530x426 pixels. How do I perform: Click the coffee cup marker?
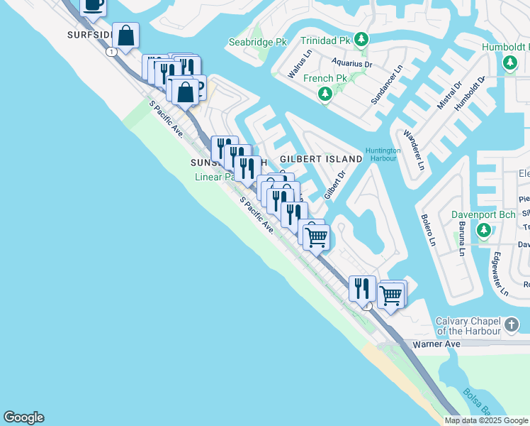click(x=94, y=5)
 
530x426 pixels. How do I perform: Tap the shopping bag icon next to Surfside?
click(x=125, y=35)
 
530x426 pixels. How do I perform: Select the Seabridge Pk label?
click(x=257, y=43)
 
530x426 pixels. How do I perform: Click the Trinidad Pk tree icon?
click(x=361, y=38)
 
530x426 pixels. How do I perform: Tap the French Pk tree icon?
click(x=325, y=93)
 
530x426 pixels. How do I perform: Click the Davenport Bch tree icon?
click(x=484, y=230)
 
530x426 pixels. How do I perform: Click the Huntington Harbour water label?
click(x=383, y=155)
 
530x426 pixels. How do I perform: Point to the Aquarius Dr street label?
click(x=353, y=64)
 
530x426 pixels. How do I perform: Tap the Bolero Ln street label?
click(x=429, y=231)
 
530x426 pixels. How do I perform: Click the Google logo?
click(x=23, y=417)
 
